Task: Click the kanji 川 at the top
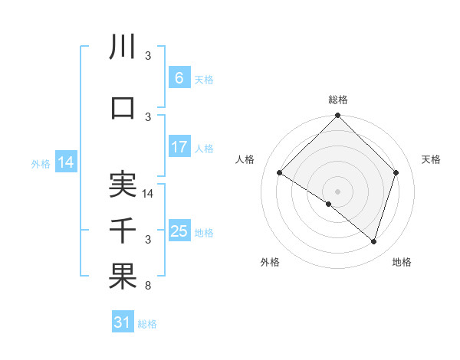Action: (123, 47)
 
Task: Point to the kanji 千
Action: (123, 231)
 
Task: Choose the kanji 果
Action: (123, 277)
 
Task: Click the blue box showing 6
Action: (179, 77)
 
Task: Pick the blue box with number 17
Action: (179, 147)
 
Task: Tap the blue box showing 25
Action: (179, 231)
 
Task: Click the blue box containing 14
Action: (66, 162)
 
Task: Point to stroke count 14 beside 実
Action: (149, 194)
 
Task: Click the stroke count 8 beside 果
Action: (149, 286)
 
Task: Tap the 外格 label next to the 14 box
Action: (40, 163)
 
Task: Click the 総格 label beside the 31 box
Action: (148, 324)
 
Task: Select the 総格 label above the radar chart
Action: (338, 100)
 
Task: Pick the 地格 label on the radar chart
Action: (402, 262)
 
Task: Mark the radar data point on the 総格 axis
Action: (338, 116)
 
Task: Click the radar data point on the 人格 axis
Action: (280, 173)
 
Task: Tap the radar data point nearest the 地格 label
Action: (373, 242)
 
